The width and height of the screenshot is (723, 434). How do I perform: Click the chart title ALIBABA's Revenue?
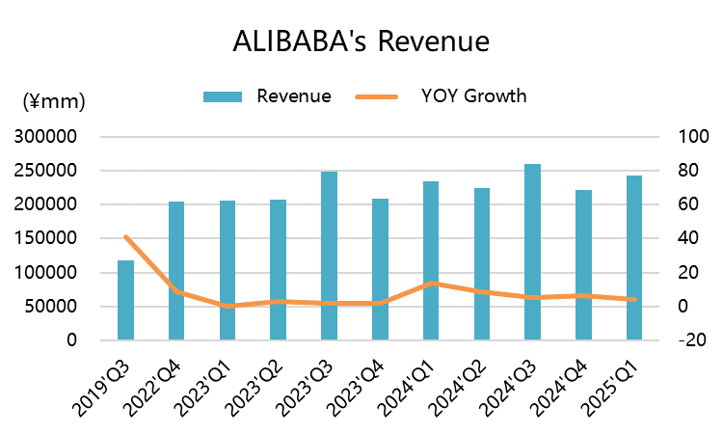pos(361,42)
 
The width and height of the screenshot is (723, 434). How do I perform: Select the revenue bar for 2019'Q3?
pos(125,300)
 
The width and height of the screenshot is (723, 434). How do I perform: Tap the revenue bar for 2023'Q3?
pos(329,256)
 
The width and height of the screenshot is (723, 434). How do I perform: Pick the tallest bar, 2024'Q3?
pos(532,252)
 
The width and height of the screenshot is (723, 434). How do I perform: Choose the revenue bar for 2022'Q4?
pos(176,271)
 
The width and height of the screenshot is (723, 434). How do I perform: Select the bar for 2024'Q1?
pos(431,260)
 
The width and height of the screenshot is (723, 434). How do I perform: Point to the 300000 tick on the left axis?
pos(47,137)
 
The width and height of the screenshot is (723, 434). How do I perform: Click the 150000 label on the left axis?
pos(47,238)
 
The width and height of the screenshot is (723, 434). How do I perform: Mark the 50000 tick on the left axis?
pos(52,307)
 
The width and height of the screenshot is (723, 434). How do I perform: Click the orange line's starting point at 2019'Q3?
pos(125,236)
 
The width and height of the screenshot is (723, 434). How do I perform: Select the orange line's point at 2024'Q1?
pos(431,284)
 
